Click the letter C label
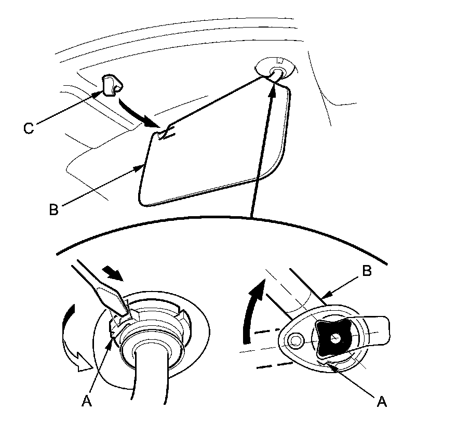29,128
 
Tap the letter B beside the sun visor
53,209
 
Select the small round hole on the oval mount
297,341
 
